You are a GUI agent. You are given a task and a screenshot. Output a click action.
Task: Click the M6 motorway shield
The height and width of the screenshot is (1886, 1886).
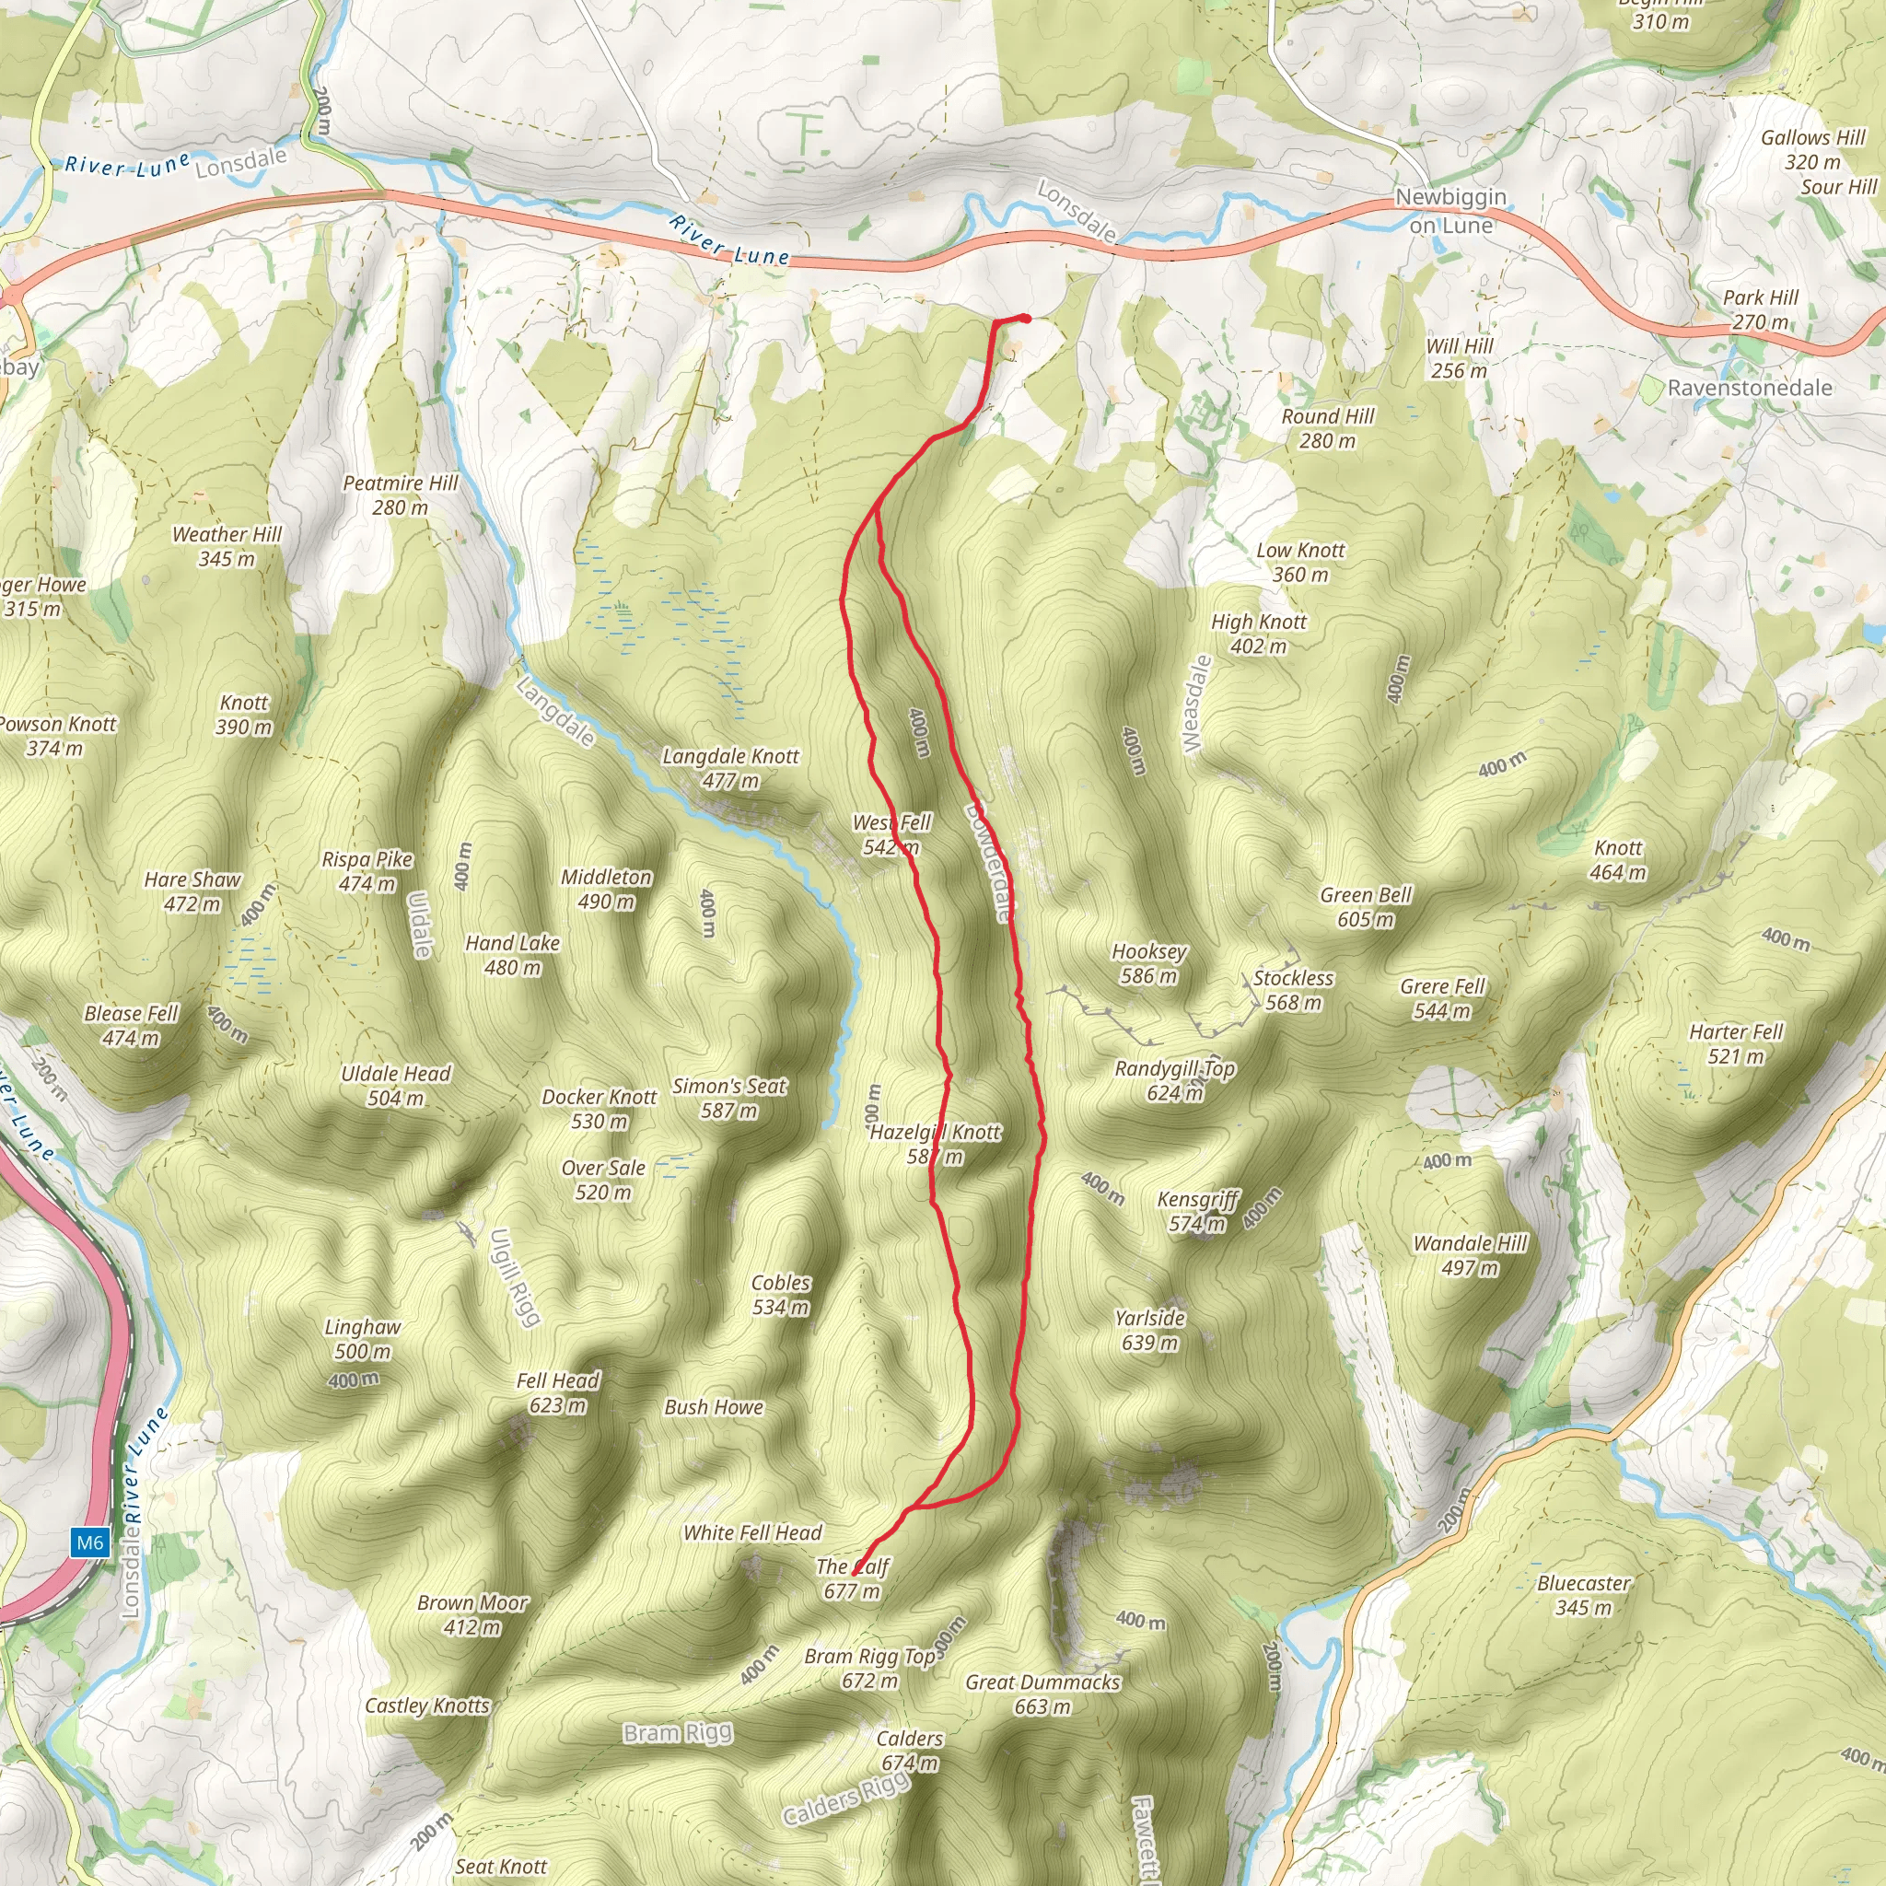coord(90,1543)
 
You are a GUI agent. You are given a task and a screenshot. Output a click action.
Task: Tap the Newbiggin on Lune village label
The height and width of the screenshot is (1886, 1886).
coord(1449,211)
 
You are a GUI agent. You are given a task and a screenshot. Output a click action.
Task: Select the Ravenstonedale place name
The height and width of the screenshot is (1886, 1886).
coord(1749,388)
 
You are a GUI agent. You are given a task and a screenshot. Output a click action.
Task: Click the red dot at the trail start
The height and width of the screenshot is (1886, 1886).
coord(1025,319)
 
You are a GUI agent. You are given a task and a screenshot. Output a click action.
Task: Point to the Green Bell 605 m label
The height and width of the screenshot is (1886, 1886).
coord(1365,907)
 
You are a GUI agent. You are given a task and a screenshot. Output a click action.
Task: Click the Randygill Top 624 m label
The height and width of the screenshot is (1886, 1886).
coord(1174,1080)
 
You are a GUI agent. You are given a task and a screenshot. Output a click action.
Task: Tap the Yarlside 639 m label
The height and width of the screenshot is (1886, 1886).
coord(1150,1330)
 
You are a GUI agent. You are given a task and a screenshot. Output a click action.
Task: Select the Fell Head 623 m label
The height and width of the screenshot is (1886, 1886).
coord(557,1392)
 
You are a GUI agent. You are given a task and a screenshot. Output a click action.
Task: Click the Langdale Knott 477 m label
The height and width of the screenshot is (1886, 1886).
coord(730,768)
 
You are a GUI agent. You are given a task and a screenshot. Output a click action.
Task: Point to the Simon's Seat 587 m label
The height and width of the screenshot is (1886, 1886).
coord(728,1097)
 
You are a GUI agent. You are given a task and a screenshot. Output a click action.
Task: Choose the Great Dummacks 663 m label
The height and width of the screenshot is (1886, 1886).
coord(1042,1694)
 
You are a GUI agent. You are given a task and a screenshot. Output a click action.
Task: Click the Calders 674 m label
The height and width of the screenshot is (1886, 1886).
coord(909,1751)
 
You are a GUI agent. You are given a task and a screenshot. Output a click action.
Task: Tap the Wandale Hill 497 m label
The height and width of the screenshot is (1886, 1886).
coord(1469,1255)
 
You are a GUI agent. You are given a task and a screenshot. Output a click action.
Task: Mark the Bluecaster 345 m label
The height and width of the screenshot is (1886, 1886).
coord(1582,1595)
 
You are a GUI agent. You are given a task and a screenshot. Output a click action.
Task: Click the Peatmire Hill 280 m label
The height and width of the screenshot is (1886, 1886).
coord(401,495)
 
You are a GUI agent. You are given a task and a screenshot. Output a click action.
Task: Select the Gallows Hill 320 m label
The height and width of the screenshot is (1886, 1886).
coord(1812,149)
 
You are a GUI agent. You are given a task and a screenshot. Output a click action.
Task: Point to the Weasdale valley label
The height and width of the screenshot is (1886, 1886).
coord(1197,704)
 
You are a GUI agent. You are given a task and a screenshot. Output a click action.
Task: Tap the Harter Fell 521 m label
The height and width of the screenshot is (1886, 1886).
coord(1736,1043)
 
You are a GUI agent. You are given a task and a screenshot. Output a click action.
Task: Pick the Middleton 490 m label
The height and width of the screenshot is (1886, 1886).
coord(606,889)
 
